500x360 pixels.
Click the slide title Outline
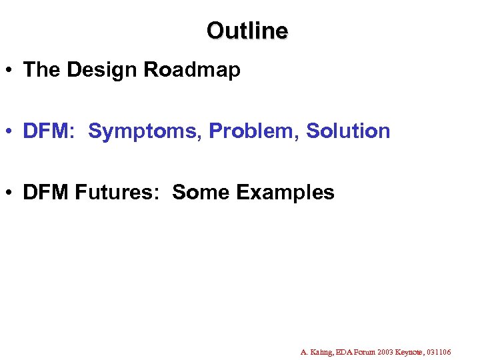pos(247,31)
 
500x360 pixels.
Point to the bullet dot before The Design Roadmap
pos(11,71)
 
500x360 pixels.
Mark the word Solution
pos(348,131)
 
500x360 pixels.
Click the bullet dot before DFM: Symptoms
pos(11,132)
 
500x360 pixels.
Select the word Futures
pos(119,193)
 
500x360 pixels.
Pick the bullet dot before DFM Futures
pos(11,193)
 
